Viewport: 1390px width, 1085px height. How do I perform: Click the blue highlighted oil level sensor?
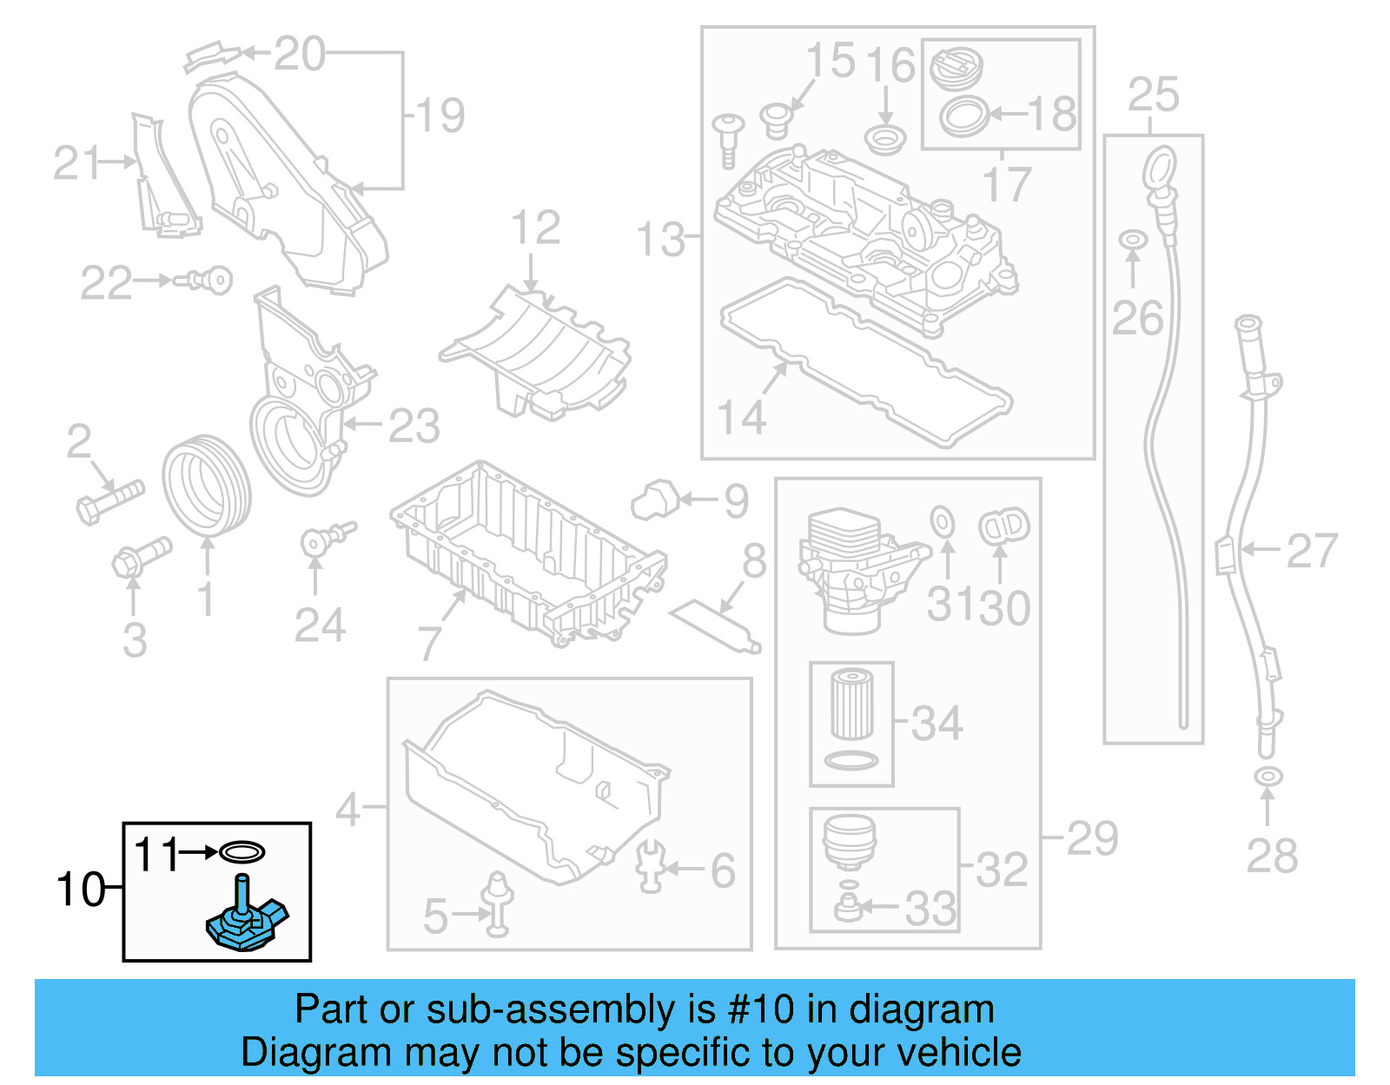(246, 923)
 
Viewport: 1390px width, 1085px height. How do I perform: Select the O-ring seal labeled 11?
(242, 852)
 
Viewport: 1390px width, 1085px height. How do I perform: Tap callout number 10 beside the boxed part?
(80, 890)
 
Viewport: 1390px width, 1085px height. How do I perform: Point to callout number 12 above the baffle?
(535, 228)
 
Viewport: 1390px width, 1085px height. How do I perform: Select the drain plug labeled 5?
(498, 904)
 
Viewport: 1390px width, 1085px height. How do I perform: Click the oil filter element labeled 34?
(851, 703)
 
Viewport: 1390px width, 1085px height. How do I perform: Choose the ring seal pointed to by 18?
(964, 116)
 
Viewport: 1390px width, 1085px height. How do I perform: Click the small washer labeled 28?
(1268, 776)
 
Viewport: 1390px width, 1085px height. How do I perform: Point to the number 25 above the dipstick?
(1154, 95)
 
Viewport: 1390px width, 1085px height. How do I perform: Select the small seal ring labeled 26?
(1132, 239)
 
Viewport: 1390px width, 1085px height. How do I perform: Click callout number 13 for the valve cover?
(660, 240)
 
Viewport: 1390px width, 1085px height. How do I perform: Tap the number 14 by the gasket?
(742, 418)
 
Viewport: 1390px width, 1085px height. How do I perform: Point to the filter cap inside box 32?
(849, 841)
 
